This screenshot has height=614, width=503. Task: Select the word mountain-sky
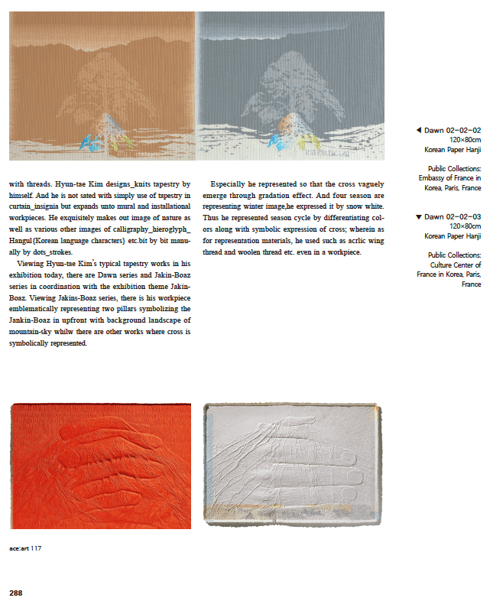click(32, 333)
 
